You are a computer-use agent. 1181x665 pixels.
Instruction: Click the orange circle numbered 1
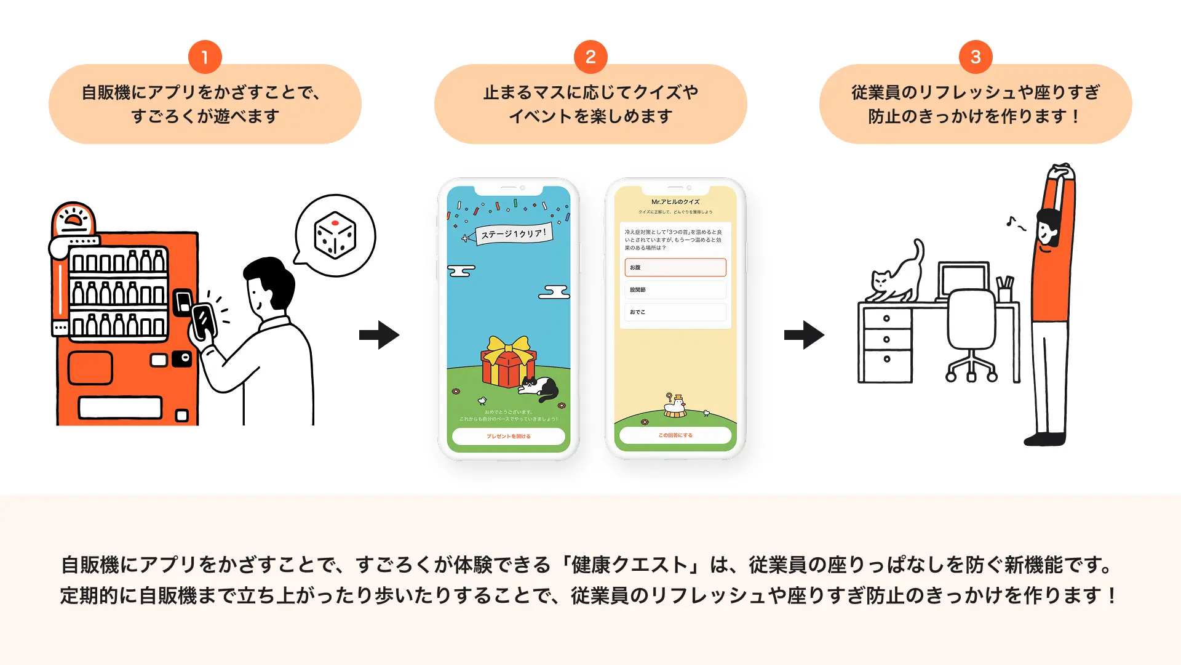(205, 57)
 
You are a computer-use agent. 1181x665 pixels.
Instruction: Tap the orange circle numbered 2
(590, 57)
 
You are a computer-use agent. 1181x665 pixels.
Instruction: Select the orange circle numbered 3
(976, 57)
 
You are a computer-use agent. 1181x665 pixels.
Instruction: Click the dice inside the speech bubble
(335, 235)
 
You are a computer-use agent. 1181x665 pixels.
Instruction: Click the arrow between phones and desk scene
(804, 335)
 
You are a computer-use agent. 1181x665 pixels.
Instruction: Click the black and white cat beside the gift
(539, 388)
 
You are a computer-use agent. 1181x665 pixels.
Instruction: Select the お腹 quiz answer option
(675, 267)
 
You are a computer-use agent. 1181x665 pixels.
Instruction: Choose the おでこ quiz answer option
(675, 312)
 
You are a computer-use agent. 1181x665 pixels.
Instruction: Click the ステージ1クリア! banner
(513, 234)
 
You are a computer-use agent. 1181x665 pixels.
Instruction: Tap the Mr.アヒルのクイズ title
(675, 202)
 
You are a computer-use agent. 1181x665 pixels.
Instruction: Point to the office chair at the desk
(971, 332)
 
